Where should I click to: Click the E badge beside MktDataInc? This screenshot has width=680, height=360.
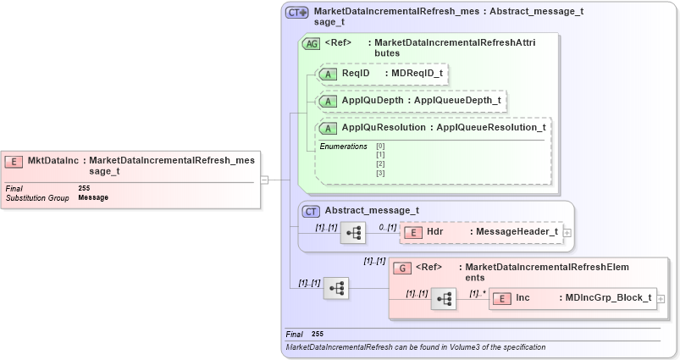click(14, 160)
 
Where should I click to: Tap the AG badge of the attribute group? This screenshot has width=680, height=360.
click(311, 43)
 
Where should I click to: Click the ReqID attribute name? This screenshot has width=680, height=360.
click(355, 74)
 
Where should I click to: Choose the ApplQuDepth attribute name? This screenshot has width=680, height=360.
click(372, 100)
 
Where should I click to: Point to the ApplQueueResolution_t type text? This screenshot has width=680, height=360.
click(490, 127)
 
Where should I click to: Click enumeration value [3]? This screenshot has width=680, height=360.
click(380, 174)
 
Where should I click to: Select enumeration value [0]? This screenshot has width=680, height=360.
click(380, 146)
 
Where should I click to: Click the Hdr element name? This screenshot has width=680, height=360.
click(434, 231)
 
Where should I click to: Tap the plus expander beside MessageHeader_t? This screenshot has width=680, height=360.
click(567, 232)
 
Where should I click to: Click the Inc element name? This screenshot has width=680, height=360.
click(523, 297)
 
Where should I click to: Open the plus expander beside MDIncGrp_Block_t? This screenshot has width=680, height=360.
click(661, 298)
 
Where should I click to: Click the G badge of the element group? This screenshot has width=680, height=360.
click(404, 268)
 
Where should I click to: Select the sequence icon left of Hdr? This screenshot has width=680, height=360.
click(352, 233)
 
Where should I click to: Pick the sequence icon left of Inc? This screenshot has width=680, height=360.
click(443, 298)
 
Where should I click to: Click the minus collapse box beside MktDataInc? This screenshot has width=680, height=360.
click(264, 180)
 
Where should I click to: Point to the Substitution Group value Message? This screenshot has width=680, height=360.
click(93, 197)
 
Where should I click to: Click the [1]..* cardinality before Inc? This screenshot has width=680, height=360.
click(478, 292)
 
